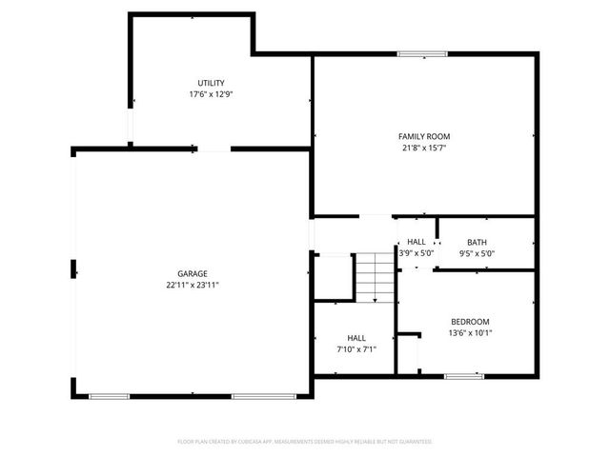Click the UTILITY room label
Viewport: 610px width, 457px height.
pyautogui.click(x=212, y=83)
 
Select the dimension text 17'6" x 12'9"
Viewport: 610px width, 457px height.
pyautogui.click(x=212, y=94)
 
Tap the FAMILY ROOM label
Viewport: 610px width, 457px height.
pyautogui.click(x=424, y=136)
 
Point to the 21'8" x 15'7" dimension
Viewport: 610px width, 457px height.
pyautogui.click(x=424, y=148)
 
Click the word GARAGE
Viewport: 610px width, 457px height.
pyautogui.click(x=193, y=273)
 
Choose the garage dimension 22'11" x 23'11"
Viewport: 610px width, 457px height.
pyautogui.click(x=193, y=285)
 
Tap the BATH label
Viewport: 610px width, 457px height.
pyautogui.click(x=477, y=242)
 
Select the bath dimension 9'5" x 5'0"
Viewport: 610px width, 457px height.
pyautogui.click(x=477, y=253)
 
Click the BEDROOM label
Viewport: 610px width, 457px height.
pyautogui.click(x=470, y=321)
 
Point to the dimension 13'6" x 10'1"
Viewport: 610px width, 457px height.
pyautogui.click(x=470, y=332)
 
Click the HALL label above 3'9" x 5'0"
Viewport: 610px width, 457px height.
pyautogui.click(x=417, y=242)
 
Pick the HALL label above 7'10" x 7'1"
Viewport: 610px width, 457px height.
pyautogui.click(x=356, y=338)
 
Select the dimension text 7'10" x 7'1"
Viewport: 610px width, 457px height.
pyautogui.click(x=356, y=349)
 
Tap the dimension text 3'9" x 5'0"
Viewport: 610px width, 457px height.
pyautogui.click(x=417, y=253)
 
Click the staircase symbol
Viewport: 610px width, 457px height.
pyautogui.click(x=375, y=277)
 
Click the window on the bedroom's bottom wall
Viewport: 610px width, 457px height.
pyautogui.click(x=464, y=377)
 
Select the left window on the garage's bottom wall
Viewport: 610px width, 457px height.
pyautogui.click(x=110, y=395)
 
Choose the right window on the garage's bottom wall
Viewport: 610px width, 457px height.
pyautogui.click(x=253, y=395)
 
